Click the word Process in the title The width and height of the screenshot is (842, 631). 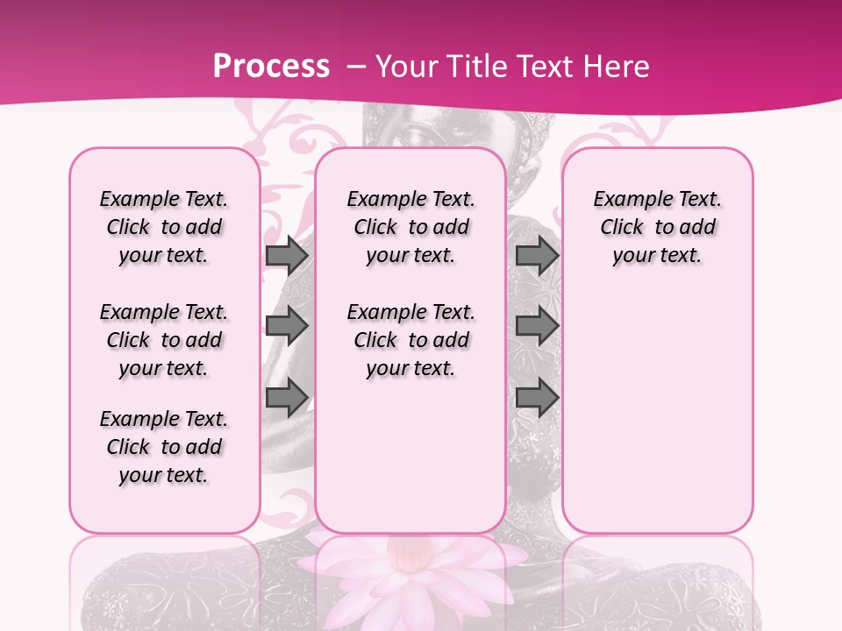(271, 67)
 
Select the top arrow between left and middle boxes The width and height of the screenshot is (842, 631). (287, 255)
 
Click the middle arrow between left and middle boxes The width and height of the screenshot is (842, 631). (287, 326)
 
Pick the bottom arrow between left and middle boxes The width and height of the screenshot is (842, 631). (287, 398)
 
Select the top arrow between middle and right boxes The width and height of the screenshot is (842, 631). (537, 255)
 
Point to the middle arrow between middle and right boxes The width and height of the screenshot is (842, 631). (537, 326)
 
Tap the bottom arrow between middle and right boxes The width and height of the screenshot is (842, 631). (537, 398)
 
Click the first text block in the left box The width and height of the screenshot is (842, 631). (164, 227)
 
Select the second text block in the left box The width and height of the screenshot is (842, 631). (164, 340)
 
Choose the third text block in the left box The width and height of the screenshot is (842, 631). (164, 447)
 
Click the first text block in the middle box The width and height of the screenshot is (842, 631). (410, 227)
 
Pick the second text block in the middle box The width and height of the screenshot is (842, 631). (410, 340)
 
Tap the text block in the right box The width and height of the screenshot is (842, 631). (657, 227)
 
